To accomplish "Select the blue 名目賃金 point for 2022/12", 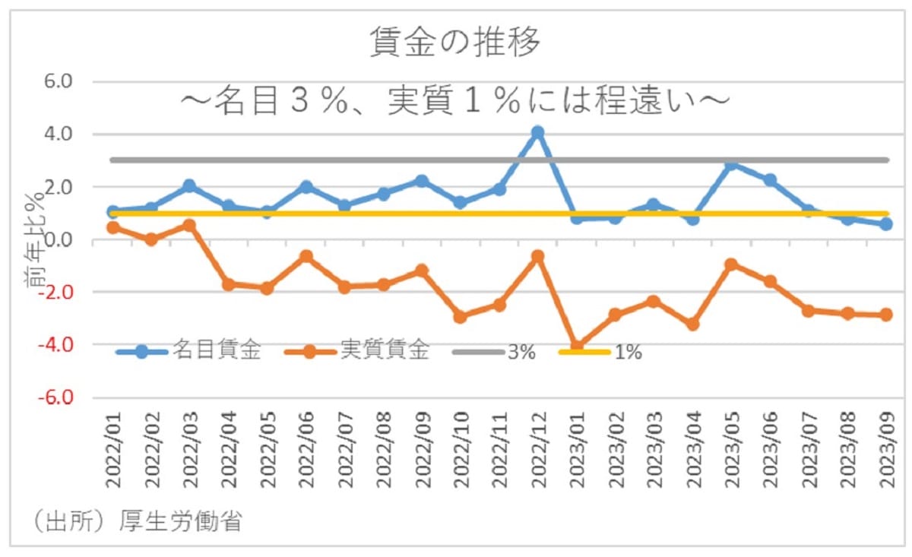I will click(537, 133).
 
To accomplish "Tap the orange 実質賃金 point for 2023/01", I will click(577, 347).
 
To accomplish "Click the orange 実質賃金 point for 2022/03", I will click(189, 226).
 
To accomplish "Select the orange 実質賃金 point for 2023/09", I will click(886, 315).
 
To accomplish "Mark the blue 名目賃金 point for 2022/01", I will click(112, 212).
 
